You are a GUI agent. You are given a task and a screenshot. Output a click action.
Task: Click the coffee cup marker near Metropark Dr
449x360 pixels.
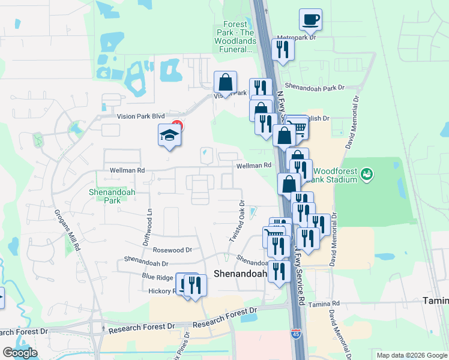coord(310,20)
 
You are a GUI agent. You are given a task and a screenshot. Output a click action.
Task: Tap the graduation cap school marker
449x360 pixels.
coord(169,136)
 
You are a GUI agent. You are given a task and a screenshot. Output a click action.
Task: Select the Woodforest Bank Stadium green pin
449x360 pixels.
coord(367,175)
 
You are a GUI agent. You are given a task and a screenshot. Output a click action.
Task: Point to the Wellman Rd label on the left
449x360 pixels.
coord(127,170)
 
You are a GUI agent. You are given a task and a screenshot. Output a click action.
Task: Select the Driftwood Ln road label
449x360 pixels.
coord(148,222)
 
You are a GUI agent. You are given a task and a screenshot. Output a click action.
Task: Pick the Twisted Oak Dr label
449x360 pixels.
coord(237,221)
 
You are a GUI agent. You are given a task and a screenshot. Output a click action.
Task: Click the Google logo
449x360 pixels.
coord(20,353)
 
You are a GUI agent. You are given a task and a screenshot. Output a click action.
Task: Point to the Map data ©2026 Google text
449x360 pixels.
coord(411,355)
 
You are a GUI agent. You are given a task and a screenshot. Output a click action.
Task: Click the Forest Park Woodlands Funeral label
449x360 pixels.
coord(236,37)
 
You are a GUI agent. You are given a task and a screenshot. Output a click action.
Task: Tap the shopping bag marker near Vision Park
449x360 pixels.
coord(226,83)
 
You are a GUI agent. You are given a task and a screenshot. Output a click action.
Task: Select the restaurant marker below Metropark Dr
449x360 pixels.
coord(283,50)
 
